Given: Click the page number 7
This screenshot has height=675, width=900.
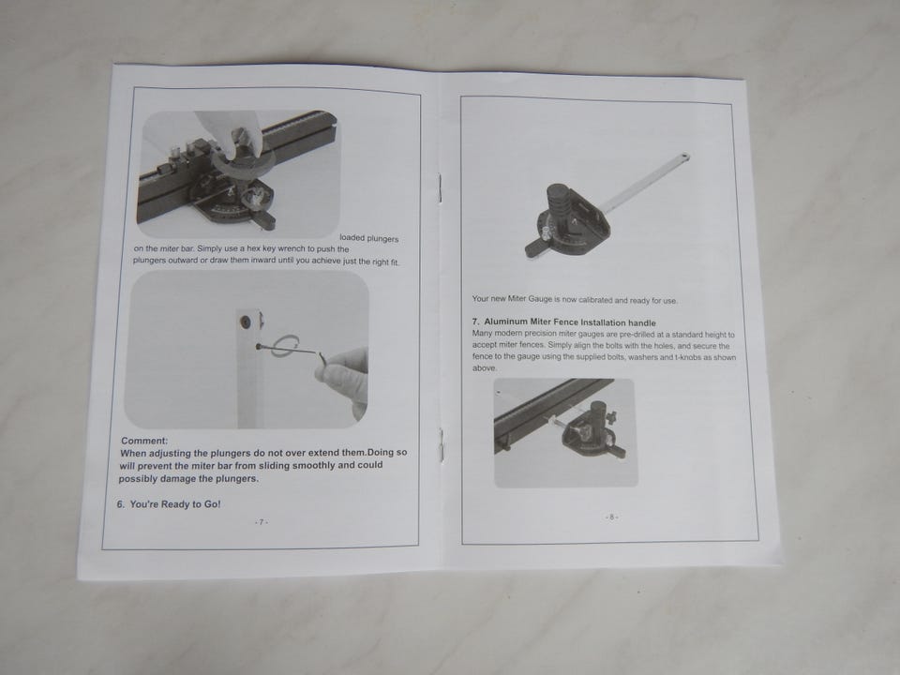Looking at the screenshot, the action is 262,522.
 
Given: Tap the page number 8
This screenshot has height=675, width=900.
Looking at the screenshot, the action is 612,517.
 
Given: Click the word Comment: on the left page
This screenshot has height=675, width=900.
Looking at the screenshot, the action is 144,441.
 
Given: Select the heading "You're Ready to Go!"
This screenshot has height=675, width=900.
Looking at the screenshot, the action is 175,504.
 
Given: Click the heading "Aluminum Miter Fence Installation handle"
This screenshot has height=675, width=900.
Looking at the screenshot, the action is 569,322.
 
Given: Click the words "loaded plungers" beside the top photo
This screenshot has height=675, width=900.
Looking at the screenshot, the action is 368,238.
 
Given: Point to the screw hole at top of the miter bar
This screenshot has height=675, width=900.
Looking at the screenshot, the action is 247,322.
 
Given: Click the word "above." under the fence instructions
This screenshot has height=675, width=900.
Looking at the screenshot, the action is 485,367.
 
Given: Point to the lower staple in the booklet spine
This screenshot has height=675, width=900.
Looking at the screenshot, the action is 441,444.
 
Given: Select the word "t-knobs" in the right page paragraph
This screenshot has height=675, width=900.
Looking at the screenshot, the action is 686,357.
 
